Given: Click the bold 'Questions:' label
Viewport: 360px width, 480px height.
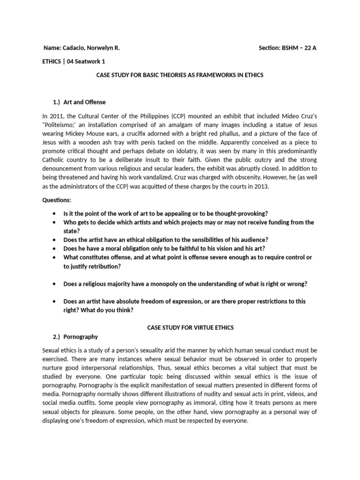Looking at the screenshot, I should (57, 200).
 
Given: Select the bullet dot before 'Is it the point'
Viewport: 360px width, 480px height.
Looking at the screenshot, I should (55, 213).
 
